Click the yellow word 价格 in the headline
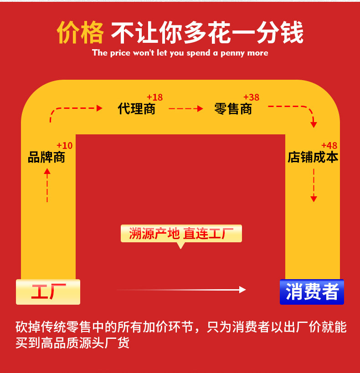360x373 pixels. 80,33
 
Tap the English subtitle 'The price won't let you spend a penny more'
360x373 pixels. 180,53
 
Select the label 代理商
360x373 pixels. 137,109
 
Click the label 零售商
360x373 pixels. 233,109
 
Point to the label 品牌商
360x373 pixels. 46,158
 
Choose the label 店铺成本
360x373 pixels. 313,158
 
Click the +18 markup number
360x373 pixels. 154,97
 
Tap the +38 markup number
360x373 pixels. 251,97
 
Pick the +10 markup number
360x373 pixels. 64,146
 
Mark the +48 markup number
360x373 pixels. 329,146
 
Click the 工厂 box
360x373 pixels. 48,291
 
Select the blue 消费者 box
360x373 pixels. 312,292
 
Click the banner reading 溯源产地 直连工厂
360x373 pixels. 181,234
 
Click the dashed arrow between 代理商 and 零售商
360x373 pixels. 185,109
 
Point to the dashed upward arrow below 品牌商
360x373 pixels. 47,185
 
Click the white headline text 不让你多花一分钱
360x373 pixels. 207,33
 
